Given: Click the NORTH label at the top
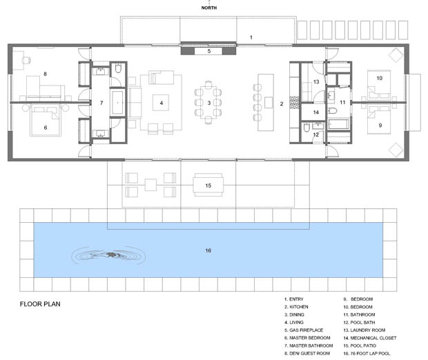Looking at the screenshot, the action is (208, 8).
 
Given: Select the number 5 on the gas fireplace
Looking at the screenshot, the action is (209, 51).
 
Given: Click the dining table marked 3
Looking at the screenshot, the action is (208, 103).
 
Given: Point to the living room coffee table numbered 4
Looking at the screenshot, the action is (161, 103).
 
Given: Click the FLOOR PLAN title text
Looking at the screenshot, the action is (40, 304).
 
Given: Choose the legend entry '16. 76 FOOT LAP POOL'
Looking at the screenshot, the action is (367, 354).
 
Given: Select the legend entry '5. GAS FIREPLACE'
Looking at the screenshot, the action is (304, 330).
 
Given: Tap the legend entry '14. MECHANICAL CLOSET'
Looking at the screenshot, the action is (370, 338).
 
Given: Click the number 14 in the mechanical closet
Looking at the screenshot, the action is (315, 112).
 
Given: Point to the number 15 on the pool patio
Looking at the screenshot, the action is (208, 186).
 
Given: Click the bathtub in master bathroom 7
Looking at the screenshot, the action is (117, 103).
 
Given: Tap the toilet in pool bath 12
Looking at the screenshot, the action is (307, 128).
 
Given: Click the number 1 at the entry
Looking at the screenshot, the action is (251, 37).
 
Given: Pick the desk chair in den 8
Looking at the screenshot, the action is (26, 60).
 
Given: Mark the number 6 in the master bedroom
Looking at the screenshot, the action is (46, 128).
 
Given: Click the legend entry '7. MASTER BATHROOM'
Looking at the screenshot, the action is (309, 346).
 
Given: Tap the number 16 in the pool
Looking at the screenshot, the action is (208, 250).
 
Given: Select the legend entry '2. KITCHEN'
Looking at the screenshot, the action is (296, 307).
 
